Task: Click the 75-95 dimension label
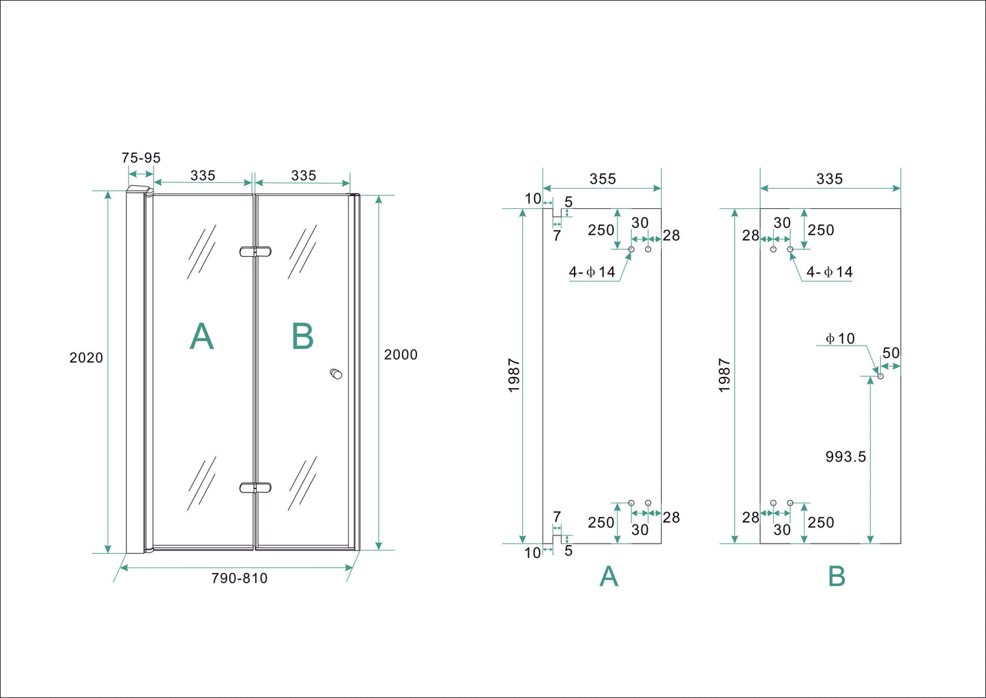pos(141,158)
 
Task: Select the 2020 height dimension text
pos(86,358)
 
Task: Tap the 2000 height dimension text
pos(401,354)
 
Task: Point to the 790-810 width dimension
pos(239,578)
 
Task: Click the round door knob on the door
pos(336,374)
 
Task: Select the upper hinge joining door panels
pos(255,251)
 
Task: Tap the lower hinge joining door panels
pos(255,488)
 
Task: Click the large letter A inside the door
pos(201,337)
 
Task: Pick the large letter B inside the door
pos(302,337)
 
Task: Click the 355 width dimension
pos(603,179)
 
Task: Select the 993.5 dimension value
pos(845,457)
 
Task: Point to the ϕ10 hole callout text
pos(840,339)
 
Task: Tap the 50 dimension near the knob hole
pos(891,353)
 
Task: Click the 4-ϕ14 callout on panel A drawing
pos(592,273)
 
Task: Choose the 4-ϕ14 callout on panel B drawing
pos(830,273)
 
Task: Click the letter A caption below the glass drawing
pos(609,577)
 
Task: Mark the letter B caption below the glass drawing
pos(837,577)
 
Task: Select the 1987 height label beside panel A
pos(514,376)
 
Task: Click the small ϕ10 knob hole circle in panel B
pos(880,376)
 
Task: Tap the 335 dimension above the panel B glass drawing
pos(830,179)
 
